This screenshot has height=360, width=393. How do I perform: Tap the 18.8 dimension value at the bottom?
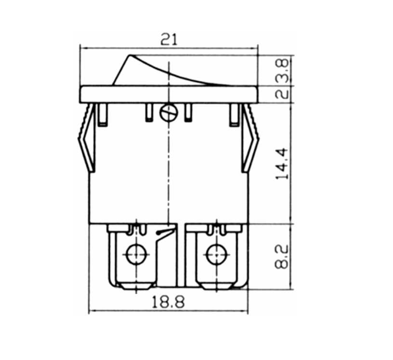click(168, 302)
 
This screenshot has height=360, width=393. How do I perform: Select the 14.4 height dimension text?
click(283, 164)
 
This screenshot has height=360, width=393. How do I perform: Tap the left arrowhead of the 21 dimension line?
click(83, 48)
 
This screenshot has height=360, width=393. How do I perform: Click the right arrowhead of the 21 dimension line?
click(255, 48)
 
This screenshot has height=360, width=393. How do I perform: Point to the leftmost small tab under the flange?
click(102, 115)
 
